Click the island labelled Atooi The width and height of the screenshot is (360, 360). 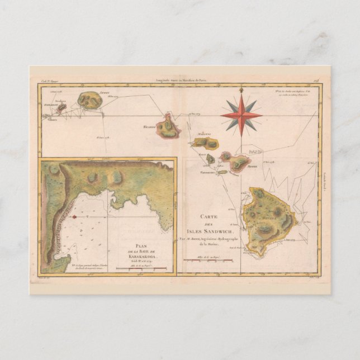[x=89, y=100]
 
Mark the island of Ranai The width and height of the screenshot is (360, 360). [x=210, y=159]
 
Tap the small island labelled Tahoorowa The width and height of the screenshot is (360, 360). [x=222, y=172]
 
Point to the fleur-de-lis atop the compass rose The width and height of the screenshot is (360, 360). [x=241, y=89]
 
